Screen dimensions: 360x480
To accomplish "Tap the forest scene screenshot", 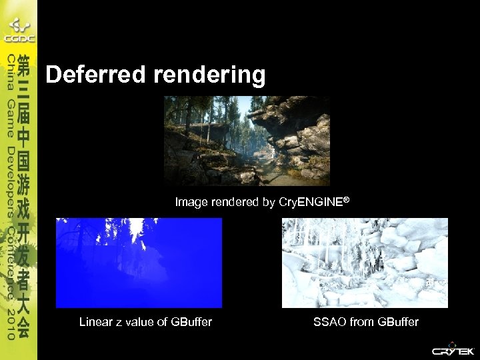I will click(x=247, y=141).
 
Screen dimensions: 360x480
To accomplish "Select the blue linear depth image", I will click(x=139, y=263).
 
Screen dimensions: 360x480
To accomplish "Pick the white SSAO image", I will click(x=365, y=263).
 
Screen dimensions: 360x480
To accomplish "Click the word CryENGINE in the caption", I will click(x=311, y=202).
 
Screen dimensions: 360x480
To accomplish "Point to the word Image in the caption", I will click(x=190, y=202).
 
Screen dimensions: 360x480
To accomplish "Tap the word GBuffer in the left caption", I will click(x=191, y=323).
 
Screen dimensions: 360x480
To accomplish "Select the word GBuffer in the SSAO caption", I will click(x=398, y=323).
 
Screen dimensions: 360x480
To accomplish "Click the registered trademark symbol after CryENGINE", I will click(x=346, y=199).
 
